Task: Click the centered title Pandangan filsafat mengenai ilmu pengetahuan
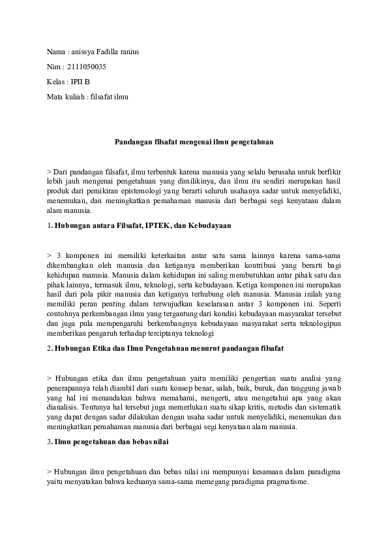click(194, 141)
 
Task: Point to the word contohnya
click(65, 314)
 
